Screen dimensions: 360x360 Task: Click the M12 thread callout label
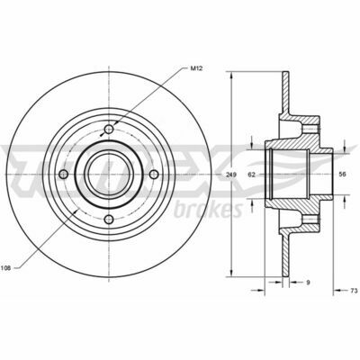click(x=197, y=68)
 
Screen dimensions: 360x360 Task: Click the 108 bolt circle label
click(x=5, y=268)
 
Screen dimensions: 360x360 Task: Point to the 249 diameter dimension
click(x=231, y=175)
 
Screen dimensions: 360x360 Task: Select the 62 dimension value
click(x=252, y=175)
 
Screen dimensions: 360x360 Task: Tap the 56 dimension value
click(x=342, y=175)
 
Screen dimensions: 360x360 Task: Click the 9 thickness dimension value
click(x=308, y=282)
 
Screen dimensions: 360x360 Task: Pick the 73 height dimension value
click(x=354, y=291)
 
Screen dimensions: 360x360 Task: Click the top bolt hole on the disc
click(x=109, y=130)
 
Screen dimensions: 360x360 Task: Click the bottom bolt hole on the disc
click(x=109, y=219)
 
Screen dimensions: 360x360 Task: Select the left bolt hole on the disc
click(x=64, y=175)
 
